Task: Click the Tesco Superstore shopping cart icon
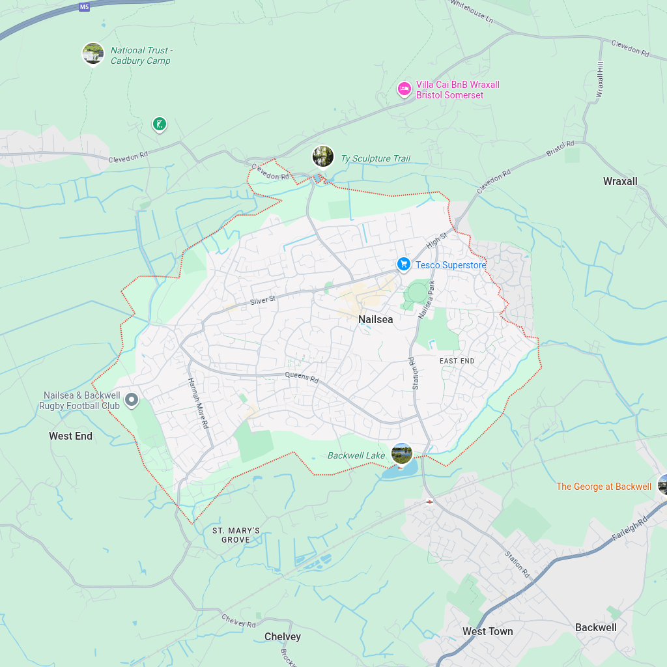coord(404,264)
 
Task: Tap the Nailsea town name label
coord(376,320)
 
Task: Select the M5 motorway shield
coord(84,7)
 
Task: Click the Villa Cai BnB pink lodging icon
coord(404,89)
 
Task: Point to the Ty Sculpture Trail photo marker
coord(323,156)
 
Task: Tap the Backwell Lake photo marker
coord(402,453)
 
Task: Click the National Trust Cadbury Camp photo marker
coord(93,53)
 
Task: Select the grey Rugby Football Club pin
coord(132,399)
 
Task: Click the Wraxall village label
coord(620,181)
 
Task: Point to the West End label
coord(70,436)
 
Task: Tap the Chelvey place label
coord(283,636)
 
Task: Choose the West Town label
coord(487,631)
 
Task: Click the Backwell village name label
coord(595,627)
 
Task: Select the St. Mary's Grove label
coord(236,535)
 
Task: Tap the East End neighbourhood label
coord(457,361)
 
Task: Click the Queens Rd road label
coord(302,377)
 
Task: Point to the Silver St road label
coord(263,300)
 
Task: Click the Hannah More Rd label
coord(197,403)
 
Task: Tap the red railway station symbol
coord(429,502)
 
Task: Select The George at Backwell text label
coord(603,487)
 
